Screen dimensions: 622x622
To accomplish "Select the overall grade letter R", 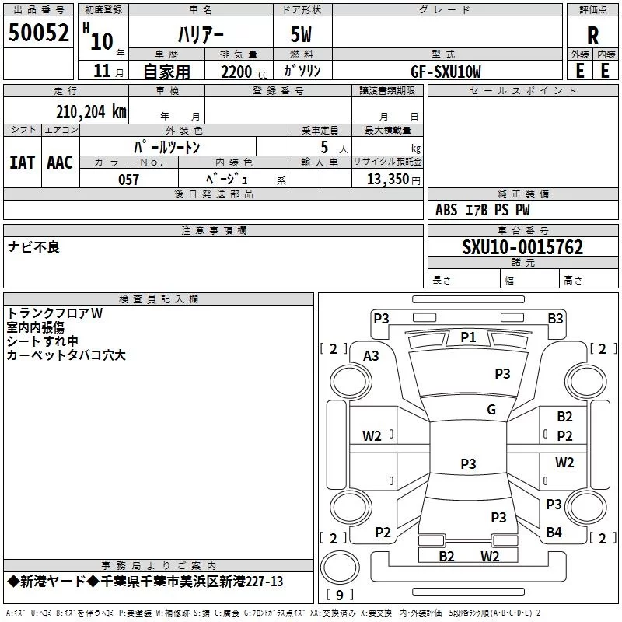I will (592, 36).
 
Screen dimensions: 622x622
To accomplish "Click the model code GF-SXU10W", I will (446, 72).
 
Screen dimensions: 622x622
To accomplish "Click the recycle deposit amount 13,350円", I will (393, 180).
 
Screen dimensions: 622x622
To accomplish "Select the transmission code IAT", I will (22, 162).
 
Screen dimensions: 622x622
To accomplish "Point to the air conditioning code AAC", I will (59, 162).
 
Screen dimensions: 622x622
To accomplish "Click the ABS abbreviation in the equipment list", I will (446, 210).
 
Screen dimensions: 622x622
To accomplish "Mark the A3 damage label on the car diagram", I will (372, 356).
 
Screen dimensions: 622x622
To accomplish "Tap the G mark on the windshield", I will (491, 410).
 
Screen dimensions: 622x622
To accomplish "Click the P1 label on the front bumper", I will (468, 337).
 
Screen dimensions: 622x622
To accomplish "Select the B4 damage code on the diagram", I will (554, 533).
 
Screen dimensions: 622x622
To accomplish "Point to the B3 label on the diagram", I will (555, 318).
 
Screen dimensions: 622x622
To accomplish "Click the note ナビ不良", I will (34, 247).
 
